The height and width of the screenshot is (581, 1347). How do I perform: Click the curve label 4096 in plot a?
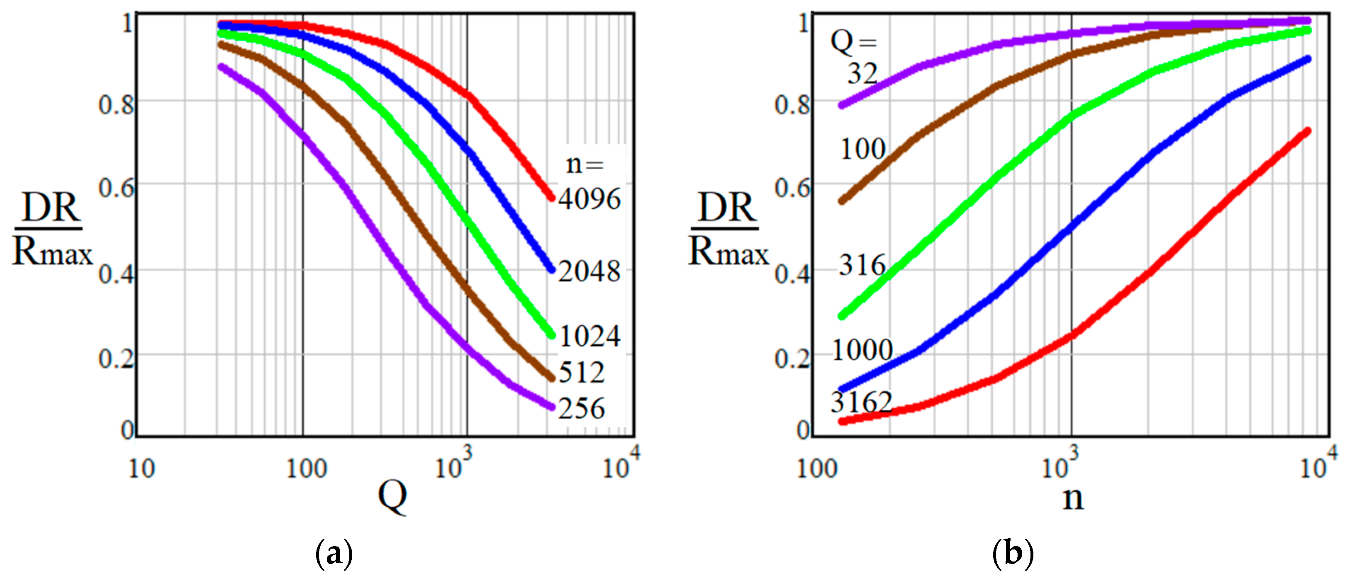[589, 199]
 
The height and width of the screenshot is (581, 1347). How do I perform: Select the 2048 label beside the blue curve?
[589, 271]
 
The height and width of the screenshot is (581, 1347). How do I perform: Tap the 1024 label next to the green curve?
[590, 336]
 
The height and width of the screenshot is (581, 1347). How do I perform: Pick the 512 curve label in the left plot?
[582, 372]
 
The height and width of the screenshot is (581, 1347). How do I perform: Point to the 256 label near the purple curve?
[582, 408]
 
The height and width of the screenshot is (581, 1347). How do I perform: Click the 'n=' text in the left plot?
[585, 164]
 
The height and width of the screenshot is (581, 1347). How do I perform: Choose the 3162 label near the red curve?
[861, 402]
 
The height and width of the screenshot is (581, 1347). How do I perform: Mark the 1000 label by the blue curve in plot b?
[862, 350]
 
